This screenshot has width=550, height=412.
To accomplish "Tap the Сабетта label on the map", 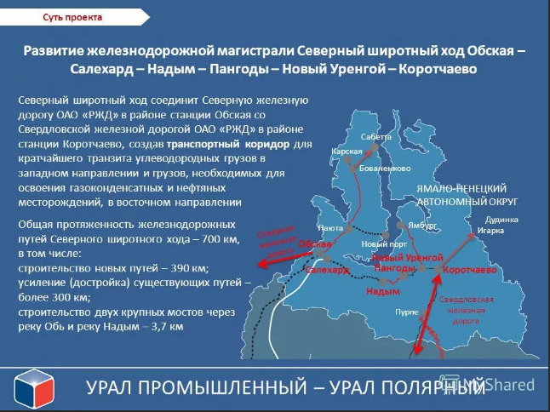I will click(375, 136).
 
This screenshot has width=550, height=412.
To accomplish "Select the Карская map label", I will click(347, 151).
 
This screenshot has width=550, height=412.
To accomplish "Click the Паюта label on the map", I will click(329, 228).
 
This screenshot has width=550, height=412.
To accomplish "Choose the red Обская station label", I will click(314, 243).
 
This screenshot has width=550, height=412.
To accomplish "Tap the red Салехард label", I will click(326, 270).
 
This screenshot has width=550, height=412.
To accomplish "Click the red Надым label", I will click(381, 291).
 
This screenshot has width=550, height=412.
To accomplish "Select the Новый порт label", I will click(380, 244).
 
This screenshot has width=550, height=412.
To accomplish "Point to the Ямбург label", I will click(421, 226).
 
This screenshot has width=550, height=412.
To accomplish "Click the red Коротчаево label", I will click(469, 270).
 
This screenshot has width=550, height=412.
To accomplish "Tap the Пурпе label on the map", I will click(406, 312).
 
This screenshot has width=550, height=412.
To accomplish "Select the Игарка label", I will click(490, 230).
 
